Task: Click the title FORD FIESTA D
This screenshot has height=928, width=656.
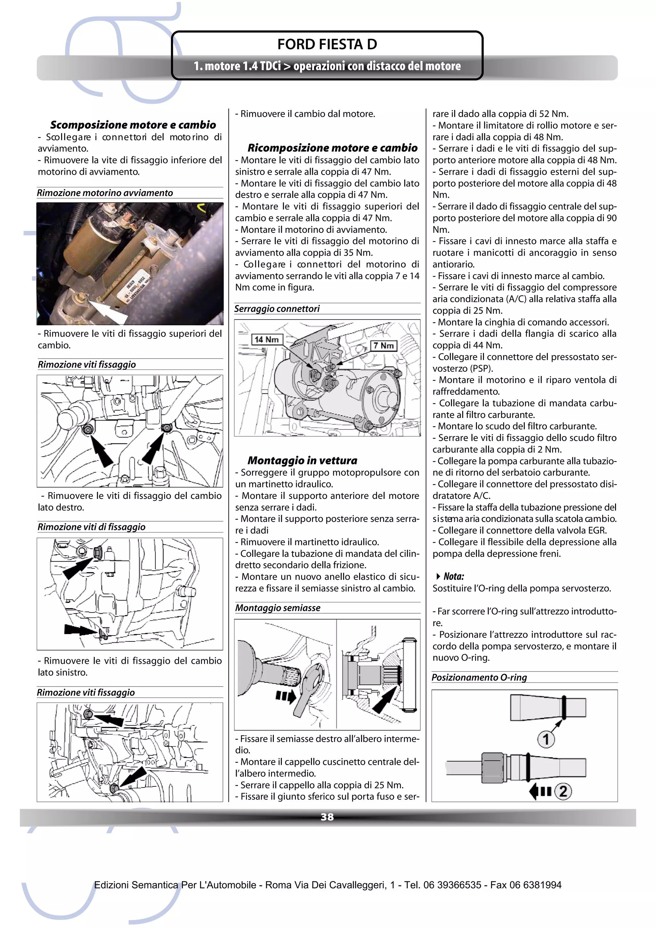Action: pos(327,45)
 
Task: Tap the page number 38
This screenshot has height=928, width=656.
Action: pos(327,817)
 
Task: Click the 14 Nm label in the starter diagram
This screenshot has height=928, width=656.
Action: pos(266,339)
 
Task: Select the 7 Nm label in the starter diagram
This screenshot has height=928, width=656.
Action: pos(384,346)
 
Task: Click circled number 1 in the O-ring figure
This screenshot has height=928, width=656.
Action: pos(546,739)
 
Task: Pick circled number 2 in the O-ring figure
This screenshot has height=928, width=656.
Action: pos(563,791)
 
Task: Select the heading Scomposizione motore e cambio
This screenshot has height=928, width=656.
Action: pos(133,125)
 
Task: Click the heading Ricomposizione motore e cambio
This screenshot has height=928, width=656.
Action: pos(332,148)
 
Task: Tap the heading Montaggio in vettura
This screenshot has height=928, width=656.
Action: pos(302,460)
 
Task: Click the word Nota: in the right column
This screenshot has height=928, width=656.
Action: pos(454,576)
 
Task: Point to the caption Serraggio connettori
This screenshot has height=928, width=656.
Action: pos(277,309)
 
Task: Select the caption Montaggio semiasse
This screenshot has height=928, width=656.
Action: pos(278,608)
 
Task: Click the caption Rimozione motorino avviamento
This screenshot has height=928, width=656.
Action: pos(105,193)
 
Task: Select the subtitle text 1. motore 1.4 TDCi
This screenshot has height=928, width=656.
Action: pos(237,66)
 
